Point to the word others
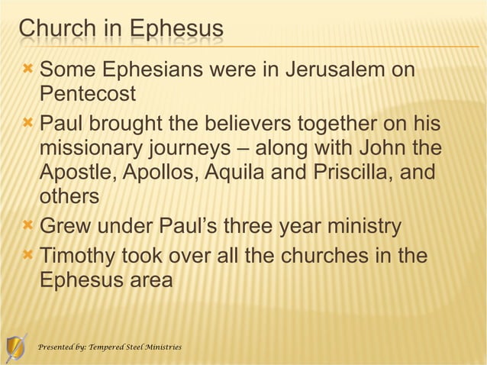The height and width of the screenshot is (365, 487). click(x=69, y=196)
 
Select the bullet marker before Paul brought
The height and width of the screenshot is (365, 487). click(x=27, y=121)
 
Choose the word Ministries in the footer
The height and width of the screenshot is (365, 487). click(x=163, y=347)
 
